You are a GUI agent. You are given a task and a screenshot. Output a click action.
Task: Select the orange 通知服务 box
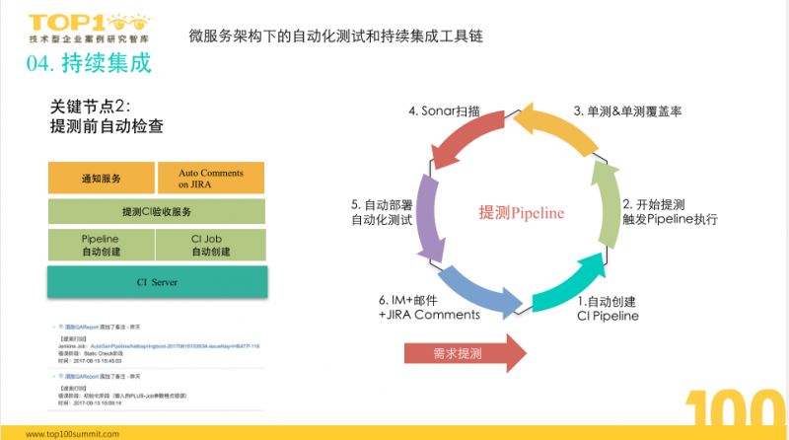(x=102, y=179)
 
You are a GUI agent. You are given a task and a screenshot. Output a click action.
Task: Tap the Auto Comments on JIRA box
(x=210, y=179)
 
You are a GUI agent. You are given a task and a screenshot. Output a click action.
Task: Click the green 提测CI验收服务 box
(x=156, y=212)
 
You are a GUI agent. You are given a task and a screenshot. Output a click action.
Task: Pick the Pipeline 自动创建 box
(x=102, y=246)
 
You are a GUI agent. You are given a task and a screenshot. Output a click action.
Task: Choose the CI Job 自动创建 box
(x=210, y=246)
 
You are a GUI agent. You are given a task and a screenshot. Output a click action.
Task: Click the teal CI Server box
(x=156, y=281)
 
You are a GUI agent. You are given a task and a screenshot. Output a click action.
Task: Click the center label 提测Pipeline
(x=521, y=212)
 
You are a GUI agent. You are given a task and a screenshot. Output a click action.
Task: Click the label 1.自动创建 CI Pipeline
(x=608, y=308)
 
